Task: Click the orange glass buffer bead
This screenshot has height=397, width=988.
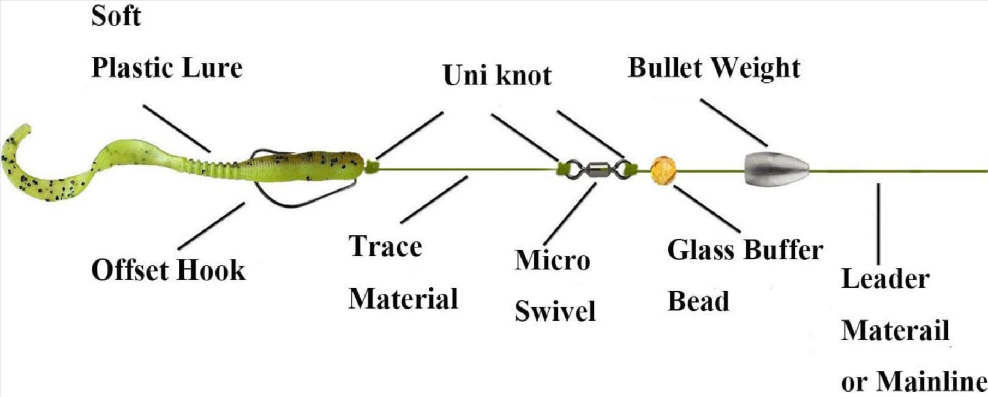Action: (x=663, y=170)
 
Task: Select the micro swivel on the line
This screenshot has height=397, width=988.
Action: (x=594, y=169)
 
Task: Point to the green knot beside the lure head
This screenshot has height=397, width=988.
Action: (x=371, y=166)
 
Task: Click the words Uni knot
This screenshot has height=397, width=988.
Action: (x=497, y=75)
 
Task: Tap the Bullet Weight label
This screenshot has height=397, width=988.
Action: (x=714, y=68)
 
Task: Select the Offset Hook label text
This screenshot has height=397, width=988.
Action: (x=168, y=270)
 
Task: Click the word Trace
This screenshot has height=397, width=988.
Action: (x=385, y=246)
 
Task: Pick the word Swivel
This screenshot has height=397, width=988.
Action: (x=555, y=311)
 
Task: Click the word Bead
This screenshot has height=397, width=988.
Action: (x=698, y=301)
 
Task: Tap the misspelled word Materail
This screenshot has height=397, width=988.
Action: (x=895, y=330)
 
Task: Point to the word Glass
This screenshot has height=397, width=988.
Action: (x=700, y=250)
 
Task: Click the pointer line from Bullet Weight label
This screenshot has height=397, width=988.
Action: (x=734, y=122)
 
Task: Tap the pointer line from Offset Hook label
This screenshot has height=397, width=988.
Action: (x=212, y=226)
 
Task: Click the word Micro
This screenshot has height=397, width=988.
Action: (x=552, y=260)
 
